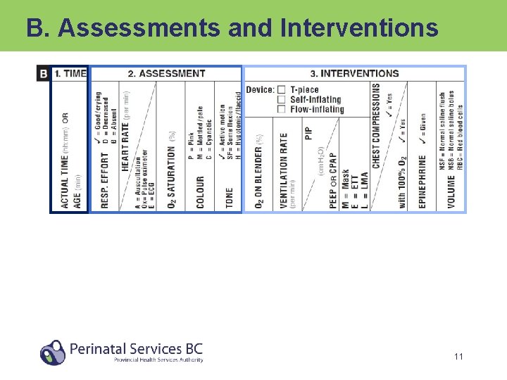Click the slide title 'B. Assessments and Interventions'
(232, 27)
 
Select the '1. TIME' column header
(70, 73)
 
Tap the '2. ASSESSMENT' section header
(166, 73)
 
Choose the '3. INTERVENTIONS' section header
(354, 73)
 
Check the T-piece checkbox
(282, 90)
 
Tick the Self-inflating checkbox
(282, 100)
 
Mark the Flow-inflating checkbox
(282, 110)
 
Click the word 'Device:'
(260, 90)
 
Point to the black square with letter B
(44, 73)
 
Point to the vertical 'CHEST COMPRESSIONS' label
(377, 127)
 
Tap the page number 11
(458, 357)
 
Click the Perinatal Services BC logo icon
(52, 352)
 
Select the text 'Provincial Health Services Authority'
(158, 360)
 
